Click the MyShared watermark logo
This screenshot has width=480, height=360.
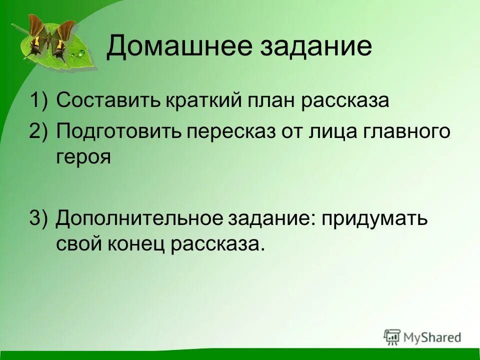pyautogui.click(x=423, y=336)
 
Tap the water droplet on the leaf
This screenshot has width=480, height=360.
pyautogui.click(x=80, y=53)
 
